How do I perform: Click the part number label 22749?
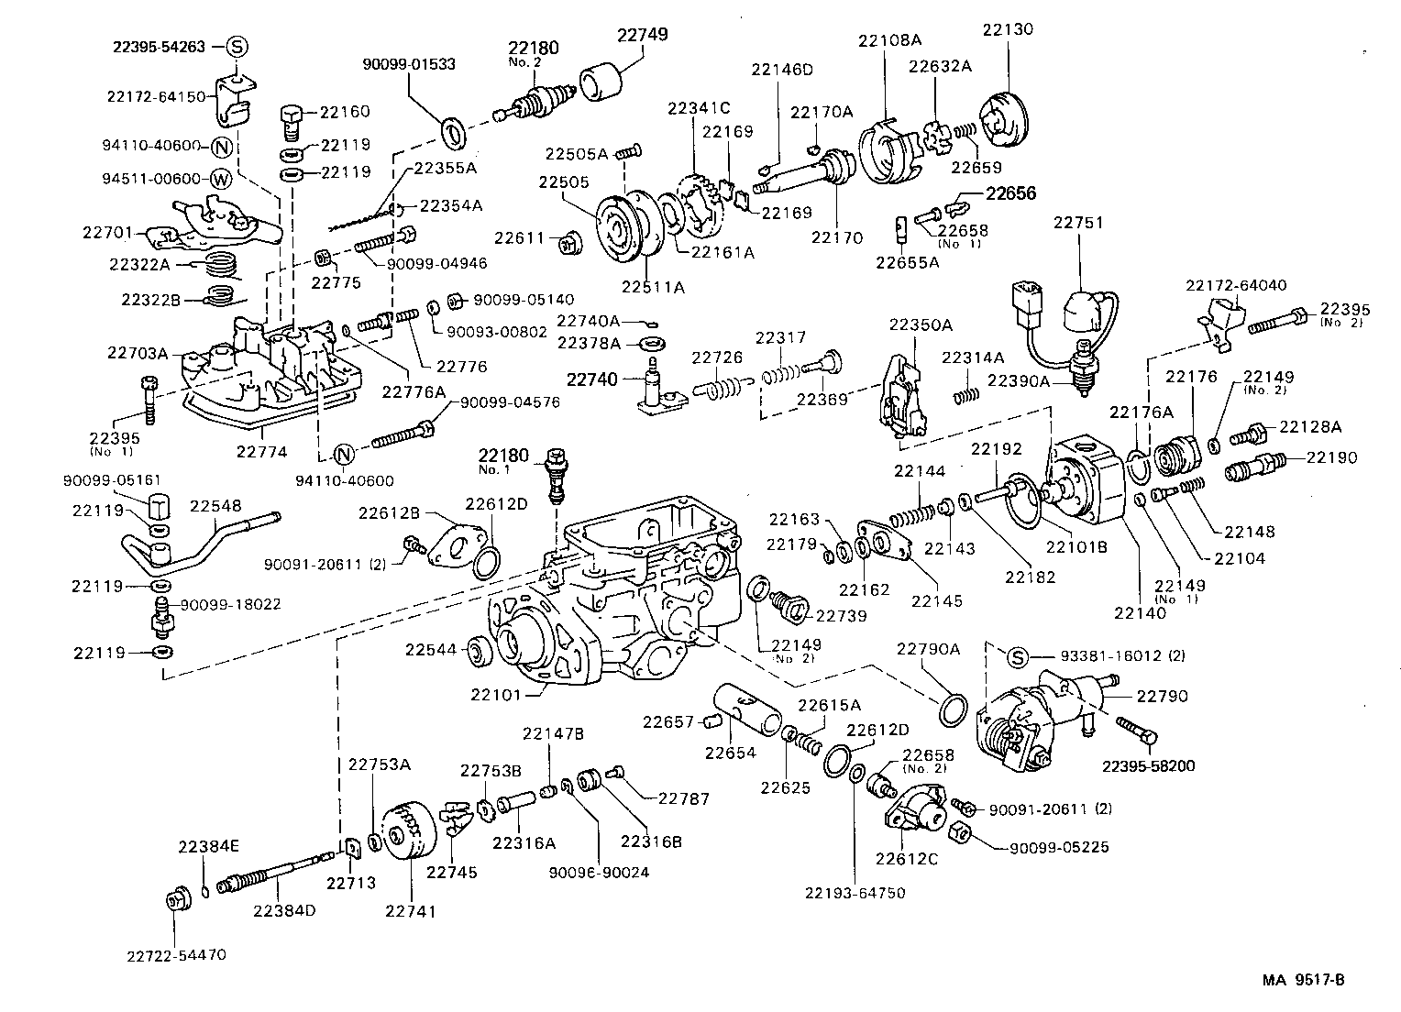click(642, 35)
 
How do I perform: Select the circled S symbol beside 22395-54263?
click(236, 46)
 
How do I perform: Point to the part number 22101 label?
click(496, 694)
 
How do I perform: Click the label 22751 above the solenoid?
click(1078, 223)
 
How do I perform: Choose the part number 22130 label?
click(1008, 29)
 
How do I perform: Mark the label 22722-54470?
click(176, 954)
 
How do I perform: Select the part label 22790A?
click(928, 649)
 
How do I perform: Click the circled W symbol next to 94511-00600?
click(221, 178)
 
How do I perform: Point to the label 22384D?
click(285, 910)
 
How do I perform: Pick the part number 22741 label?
click(410, 911)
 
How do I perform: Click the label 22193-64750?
click(855, 892)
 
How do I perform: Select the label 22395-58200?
click(1149, 766)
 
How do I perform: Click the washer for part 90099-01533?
click(453, 132)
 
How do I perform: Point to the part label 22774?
click(262, 451)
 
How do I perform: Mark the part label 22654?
click(730, 753)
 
